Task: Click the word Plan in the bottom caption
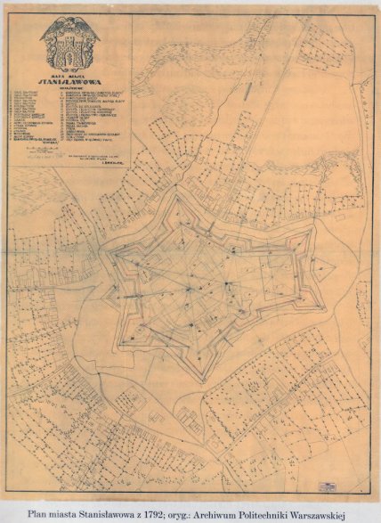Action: coord(39,514)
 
